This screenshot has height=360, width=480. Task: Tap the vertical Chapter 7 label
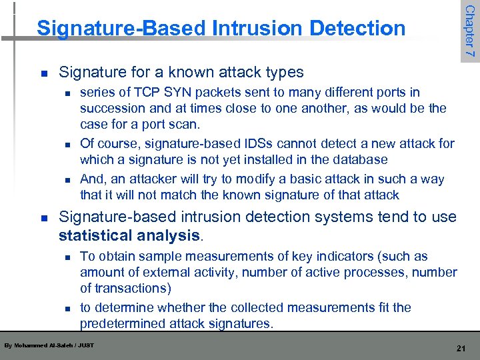(x=469, y=31)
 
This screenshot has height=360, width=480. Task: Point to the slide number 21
(x=459, y=348)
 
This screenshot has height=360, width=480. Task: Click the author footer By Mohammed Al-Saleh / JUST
(x=49, y=345)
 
